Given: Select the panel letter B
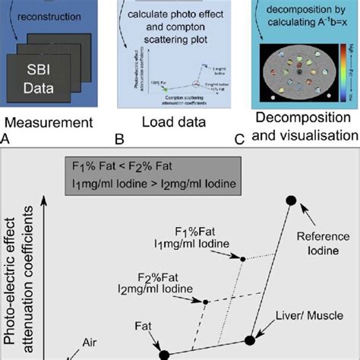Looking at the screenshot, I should pos(119,140).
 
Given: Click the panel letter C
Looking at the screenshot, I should pos(240,140).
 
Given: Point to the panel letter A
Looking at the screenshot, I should pos(6,140).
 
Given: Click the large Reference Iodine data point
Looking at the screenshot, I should pos(290,200).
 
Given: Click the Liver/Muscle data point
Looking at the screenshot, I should pos(250,341).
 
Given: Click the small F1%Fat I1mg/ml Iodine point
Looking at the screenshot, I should pos(242,259).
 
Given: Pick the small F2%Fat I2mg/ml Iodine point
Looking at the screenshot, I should pos(206,302).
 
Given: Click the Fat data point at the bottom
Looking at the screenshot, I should pos(163,354).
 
